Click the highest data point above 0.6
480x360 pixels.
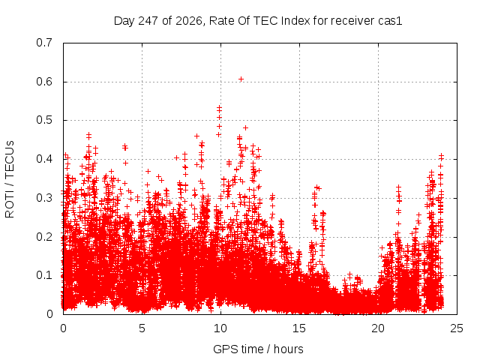point(241,79)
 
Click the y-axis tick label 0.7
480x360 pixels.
point(44,43)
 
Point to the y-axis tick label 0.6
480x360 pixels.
point(44,82)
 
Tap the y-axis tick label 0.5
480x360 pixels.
point(44,120)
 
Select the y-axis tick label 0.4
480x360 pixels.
point(44,159)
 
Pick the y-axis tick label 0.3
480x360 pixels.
point(44,198)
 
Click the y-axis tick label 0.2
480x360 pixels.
point(44,237)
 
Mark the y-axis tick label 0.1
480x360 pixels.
point(44,275)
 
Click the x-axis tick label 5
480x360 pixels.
point(142,328)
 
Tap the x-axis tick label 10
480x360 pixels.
point(220,328)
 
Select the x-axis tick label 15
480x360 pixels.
point(299,328)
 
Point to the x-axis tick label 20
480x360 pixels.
point(378,328)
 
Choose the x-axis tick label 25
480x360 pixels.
point(457,328)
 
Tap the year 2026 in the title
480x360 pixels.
point(189,21)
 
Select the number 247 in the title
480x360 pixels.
point(148,21)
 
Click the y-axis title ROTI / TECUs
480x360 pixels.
point(10,179)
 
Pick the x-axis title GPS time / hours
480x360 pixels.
point(258,349)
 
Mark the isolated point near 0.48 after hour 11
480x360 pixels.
point(245,128)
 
